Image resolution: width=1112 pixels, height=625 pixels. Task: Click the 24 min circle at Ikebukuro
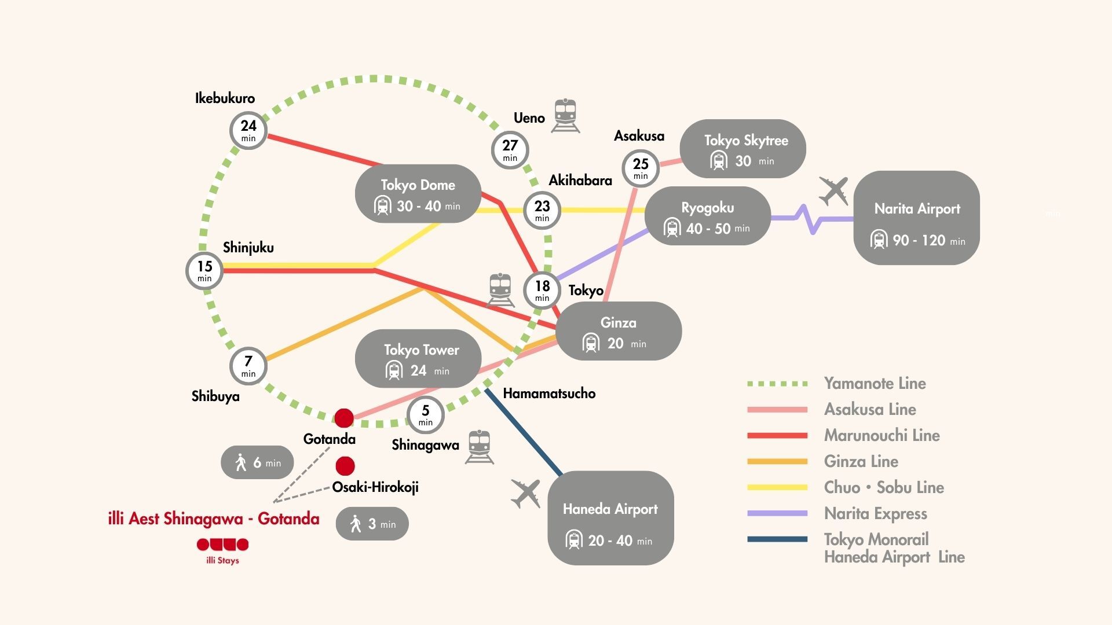[x=248, y=131]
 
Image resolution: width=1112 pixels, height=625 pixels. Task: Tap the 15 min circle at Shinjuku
[x=204, y=271]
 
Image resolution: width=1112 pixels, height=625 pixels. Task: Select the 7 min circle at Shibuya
[x=248, y=366]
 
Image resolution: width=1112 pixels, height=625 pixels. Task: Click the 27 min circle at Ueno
[x=510, y=150]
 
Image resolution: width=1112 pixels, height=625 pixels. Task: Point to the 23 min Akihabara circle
[x=542, y=211]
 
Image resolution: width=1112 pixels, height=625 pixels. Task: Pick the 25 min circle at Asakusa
[x=641, y=168]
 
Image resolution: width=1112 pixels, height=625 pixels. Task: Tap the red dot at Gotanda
[x=344, y=418]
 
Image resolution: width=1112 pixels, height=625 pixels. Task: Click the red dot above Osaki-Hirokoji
[x=345, y=466]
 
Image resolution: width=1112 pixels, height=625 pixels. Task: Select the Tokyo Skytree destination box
[x=742, y=149]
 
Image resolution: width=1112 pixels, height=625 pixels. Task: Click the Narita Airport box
[x=916, y=218]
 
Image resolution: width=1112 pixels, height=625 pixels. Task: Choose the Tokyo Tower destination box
[x=418, y=359]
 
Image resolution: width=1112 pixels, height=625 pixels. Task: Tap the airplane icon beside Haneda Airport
[x=526, y=494]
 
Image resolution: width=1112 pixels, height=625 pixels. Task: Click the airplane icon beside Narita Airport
[x=834, y=191]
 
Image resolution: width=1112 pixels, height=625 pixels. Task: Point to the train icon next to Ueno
[x=565, y=115]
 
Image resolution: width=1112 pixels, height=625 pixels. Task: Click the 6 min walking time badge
[x=257, y=462]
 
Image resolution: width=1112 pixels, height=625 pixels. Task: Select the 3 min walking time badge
[x=372, y=524]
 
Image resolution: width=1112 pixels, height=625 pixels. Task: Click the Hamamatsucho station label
[x=549, y=394]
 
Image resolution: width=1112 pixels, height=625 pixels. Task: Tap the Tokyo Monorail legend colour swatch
[x=777, y=539]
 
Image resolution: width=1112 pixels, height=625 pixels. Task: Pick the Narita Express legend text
[x=875, y=513]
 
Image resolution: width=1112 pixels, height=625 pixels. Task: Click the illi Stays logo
[x=222, y=550]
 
